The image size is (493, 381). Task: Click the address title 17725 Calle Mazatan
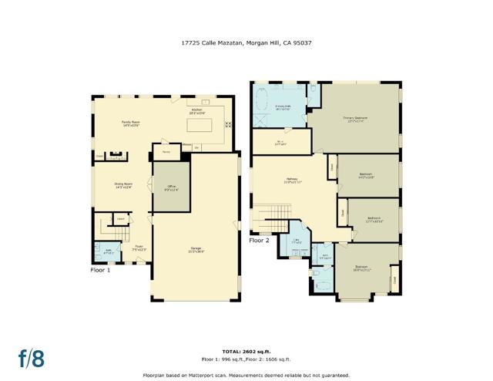coord(246,44)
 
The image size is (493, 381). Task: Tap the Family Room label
coord(130,123)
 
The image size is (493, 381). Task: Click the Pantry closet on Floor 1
coord(165,152)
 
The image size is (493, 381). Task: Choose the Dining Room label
coord(123,185)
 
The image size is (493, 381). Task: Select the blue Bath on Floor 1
coord(106,251)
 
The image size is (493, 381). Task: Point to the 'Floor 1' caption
coord(101,271)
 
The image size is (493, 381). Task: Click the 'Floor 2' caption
coord(260,241)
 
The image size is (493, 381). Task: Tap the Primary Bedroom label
coord(355,119)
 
